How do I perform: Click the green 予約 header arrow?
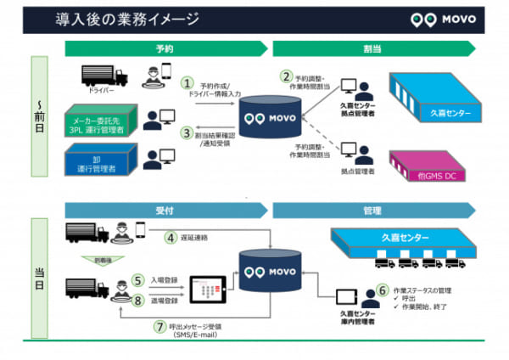[x=166, y=49]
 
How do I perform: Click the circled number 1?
[x=187, y=83]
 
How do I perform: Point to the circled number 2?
[x=288, y=77]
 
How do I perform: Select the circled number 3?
[x=187, y=132]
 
